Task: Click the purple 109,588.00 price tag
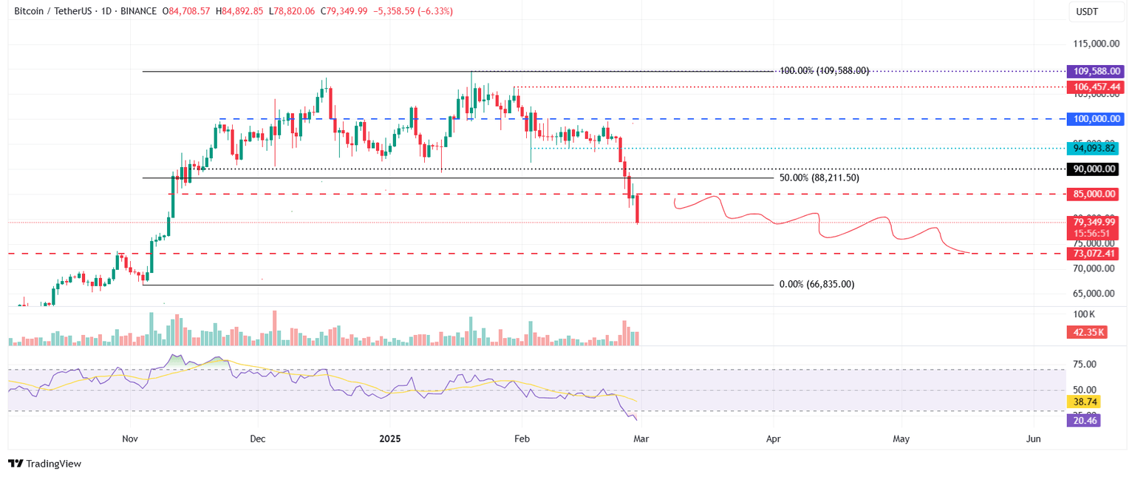(1094, 72)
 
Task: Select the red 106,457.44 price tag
(1094, 87)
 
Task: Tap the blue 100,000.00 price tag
(1094, 118)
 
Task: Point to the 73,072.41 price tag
(1091, 254)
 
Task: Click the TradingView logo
(44, 464)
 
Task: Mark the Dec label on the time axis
(258, 439)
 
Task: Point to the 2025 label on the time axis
(390, 439)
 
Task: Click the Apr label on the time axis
(774, 439)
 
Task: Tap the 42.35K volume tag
(1085, 332)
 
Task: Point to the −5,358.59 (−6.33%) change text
(416, 11)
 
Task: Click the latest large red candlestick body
(637, 208)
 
